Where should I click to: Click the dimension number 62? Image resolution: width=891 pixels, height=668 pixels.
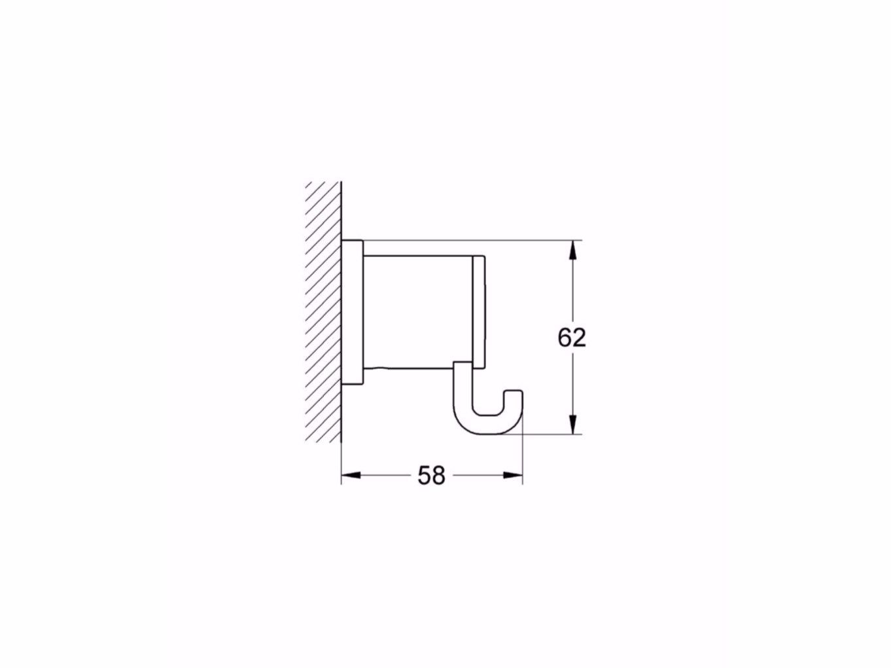click(572, 338)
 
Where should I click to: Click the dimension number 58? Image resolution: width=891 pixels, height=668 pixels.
click(431, 476)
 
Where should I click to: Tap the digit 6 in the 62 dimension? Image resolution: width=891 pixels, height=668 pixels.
click(565, 338)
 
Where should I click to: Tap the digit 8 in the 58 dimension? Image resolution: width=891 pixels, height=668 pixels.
click(438, 476)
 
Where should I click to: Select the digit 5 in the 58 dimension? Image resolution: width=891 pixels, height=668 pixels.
click(425, 476)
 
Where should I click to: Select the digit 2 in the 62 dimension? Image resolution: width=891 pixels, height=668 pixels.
click(579, 338)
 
